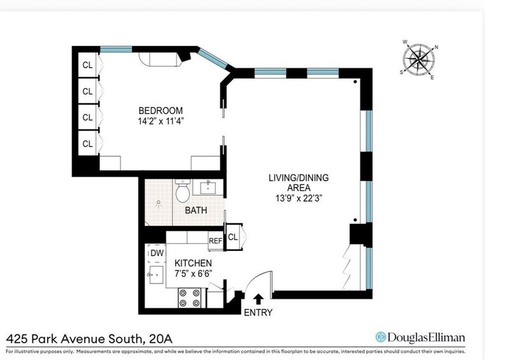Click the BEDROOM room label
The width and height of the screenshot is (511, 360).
[x=160, y=110]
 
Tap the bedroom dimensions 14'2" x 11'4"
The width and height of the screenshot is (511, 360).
[x=161, y=121]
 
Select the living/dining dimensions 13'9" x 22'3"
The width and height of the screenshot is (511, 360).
[x=299, y=198]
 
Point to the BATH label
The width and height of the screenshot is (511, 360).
[x=196, y=210]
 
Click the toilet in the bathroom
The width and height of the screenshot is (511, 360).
[x=183, y=191]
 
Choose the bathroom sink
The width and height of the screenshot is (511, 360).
[x=207, y=188]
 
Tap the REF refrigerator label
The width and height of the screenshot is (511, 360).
[x=215, y=241]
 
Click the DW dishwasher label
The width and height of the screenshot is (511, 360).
[x=157, y=253]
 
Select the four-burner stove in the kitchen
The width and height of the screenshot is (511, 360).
[x=189, y=298]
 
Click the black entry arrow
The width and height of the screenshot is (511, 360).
[x=259, y=299]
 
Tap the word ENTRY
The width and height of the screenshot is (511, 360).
[x=258, y=312]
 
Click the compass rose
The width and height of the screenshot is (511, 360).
[x=419, y=60]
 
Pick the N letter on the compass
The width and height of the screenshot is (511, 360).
[x=436, y=47]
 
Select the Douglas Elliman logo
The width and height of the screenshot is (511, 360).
[x=420, y=337]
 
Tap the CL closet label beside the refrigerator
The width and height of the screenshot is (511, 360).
[x=233, y=237]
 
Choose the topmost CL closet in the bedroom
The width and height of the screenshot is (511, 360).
[x=88, y=65]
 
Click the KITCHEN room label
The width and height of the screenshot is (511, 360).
[x=193, y=263]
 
